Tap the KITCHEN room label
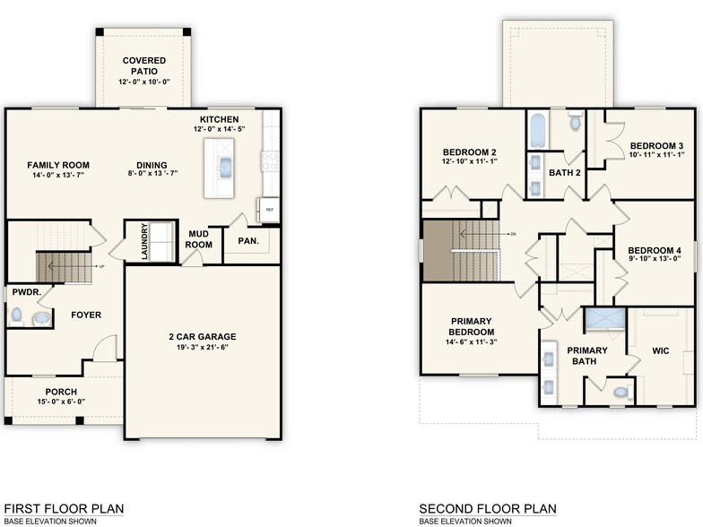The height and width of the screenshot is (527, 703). (219, 119)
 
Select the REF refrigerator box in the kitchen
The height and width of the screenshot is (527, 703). (269, 210)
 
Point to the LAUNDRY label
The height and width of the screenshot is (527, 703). (144, 242)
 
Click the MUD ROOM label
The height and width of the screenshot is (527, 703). (199, 239)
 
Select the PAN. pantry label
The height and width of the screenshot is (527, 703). (248, 240)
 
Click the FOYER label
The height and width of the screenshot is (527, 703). (87, 315)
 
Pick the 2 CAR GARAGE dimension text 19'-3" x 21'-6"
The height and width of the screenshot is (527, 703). (207, 348)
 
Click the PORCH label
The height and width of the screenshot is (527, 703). (61, 392)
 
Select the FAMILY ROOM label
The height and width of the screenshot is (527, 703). (58, 165)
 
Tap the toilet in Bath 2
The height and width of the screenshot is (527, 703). (575, 121)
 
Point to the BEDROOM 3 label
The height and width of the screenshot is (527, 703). (655, 146)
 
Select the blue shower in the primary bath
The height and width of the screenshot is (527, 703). (603, 320)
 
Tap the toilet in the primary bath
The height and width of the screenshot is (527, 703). (619, 392)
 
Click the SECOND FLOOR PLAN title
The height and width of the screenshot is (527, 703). (487, 509)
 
